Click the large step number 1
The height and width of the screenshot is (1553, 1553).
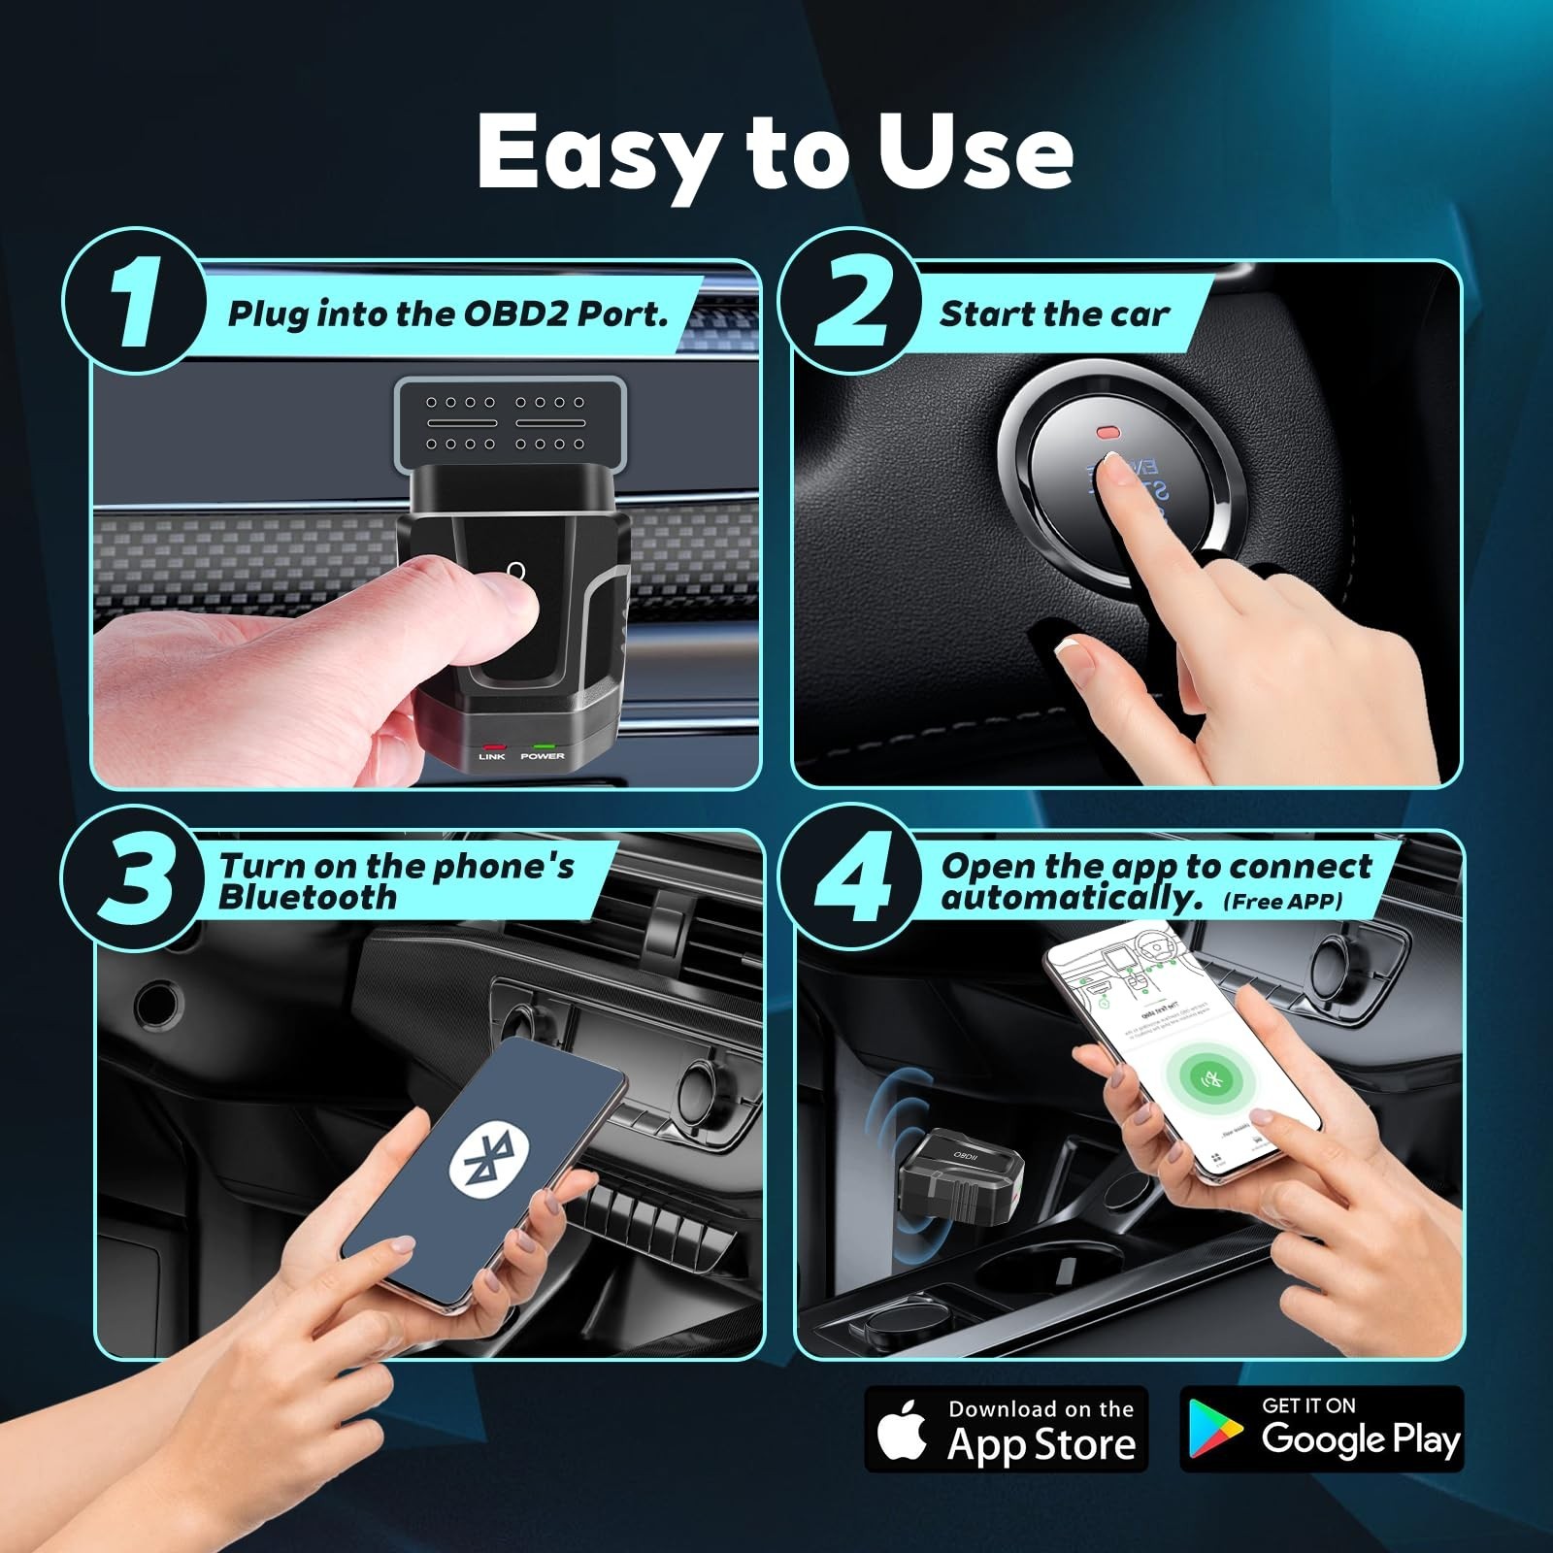[133, 304]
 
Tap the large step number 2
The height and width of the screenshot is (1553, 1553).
[851, 304]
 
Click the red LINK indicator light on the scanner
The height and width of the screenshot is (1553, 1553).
[491, 746]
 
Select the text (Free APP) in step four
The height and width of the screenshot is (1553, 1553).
[1283, 902]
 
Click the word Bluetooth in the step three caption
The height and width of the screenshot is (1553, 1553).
[308, 898]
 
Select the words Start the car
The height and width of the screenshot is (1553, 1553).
[1054, 314]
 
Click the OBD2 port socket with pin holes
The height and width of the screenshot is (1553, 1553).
[506, 422]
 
